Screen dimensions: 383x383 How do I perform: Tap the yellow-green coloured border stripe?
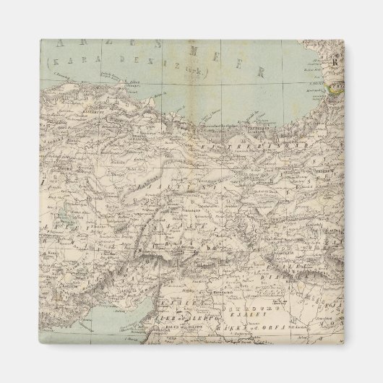pyautogui.click(x=335, y=89)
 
